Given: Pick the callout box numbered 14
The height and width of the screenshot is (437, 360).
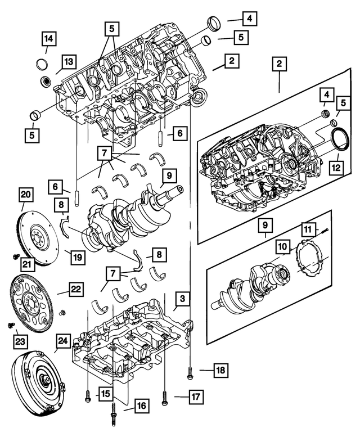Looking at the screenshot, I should coord(49,39).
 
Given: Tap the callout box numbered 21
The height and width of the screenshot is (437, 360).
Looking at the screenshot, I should coord(26,263).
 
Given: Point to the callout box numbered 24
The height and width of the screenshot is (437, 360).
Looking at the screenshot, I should coord(64,341).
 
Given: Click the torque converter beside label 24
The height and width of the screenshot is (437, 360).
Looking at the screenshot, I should coord(37,385).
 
